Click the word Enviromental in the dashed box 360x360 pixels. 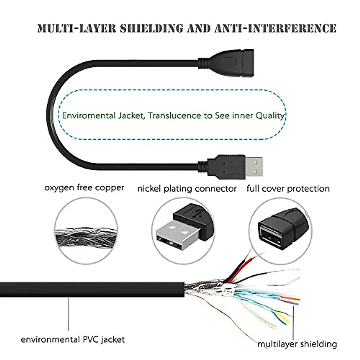(85, 115)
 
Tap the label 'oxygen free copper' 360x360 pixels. (84, 188)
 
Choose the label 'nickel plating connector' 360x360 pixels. (187, 189)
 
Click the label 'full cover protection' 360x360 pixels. (288, 189)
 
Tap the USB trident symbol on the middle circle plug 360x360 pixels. (197, 214)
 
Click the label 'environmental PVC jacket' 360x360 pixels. (73, 340)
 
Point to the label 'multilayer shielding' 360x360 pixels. (297, 344)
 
